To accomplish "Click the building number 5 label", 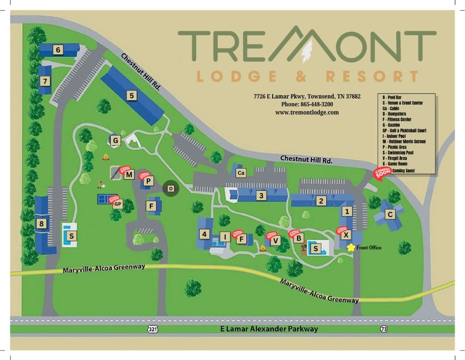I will coord(131,96).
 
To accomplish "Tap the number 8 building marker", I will coord(42,224).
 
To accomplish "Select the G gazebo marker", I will coord(115,140).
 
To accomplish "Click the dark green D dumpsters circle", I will coord(171,188).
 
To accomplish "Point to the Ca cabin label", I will coord(241,173).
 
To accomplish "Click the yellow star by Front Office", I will coord(351,247).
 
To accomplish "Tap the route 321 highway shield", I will coord(152,330).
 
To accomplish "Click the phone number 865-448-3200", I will coord(307,104).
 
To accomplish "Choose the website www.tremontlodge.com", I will coord(307,112).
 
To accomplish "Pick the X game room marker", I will coord(346,235).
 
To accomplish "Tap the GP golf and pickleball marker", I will coord(118,204).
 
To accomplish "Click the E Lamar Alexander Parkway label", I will coord(269,329).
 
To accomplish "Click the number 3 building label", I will coord(261,196).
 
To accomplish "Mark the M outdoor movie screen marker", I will coord(130,175).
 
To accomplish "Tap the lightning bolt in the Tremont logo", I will coord(307,48).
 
